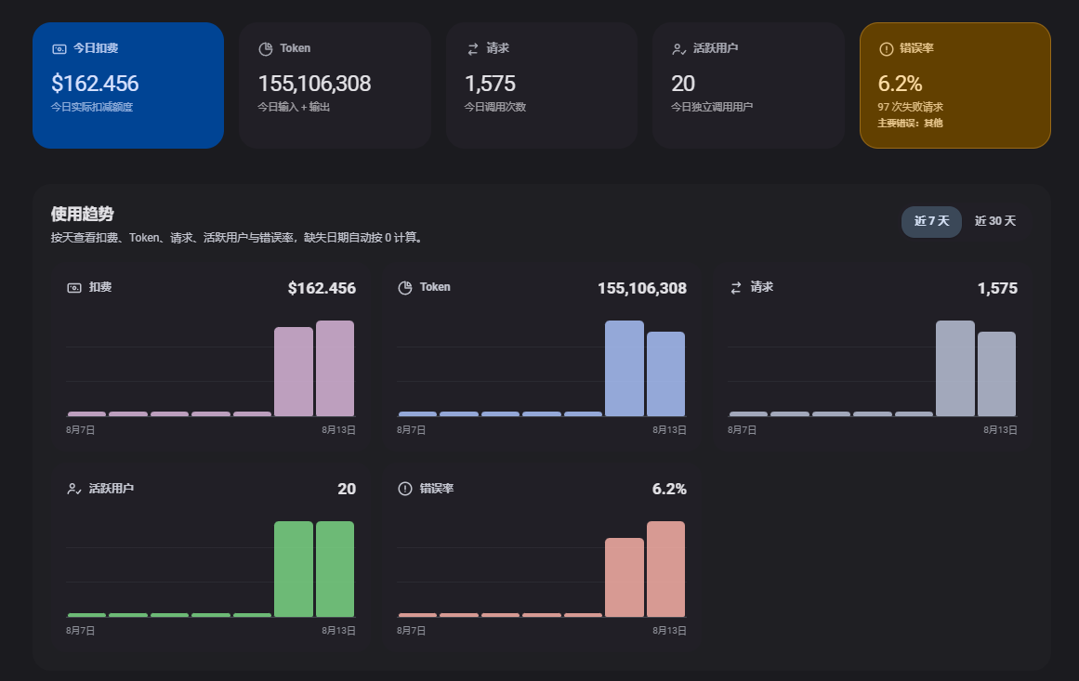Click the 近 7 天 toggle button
pos(931,221)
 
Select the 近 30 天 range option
pos(995,221)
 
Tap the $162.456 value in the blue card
pos(95,84)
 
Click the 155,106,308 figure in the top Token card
pos(314,84)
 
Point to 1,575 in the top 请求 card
pos(490,84)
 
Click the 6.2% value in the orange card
pos(900,84)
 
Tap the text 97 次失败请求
pos(911,108)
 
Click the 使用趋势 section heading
pos(82,214)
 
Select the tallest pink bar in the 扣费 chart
pos(336,368)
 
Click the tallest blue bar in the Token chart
pos(625,368)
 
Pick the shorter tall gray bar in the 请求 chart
pos(996,373)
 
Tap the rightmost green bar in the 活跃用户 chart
pos(336,569)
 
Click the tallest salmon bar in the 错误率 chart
pos(665,569)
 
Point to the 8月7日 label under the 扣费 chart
pos(81,430)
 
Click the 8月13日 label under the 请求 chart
pos(1000,430)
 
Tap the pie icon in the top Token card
pos(266,49)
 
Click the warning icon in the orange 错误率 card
pos(887,49)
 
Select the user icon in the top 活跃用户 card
pos(678,49)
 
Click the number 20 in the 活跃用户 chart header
pos(347,489)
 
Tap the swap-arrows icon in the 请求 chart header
pos(736,287)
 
